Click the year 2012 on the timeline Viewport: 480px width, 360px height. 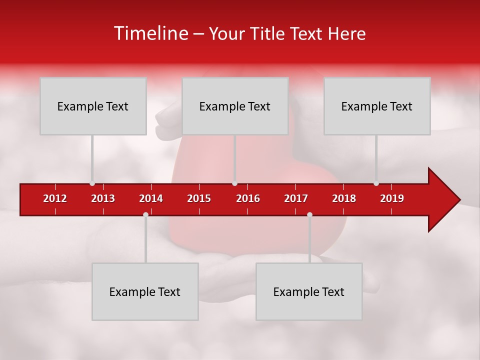point(55,198)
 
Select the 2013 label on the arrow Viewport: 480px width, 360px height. point(103,198)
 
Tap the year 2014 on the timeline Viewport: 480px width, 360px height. point(151,198)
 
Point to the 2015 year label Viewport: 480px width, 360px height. point(199,198)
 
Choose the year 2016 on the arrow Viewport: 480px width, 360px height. point(248,198)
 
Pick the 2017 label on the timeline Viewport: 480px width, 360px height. point(296,198)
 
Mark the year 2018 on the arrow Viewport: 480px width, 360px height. point(344,198)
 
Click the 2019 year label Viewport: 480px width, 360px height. point(392,198)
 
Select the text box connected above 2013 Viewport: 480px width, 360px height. point(93,106)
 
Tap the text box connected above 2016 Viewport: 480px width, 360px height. point(235,106)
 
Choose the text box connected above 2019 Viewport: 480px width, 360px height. point(377,106)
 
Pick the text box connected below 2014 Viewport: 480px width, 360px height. point(145,291)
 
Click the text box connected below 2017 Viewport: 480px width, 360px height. point(309,291)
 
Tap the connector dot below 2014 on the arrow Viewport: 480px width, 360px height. point(145,214)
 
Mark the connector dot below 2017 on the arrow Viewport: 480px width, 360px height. point(309,214)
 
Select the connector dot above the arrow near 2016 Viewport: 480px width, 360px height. point(234,183)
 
